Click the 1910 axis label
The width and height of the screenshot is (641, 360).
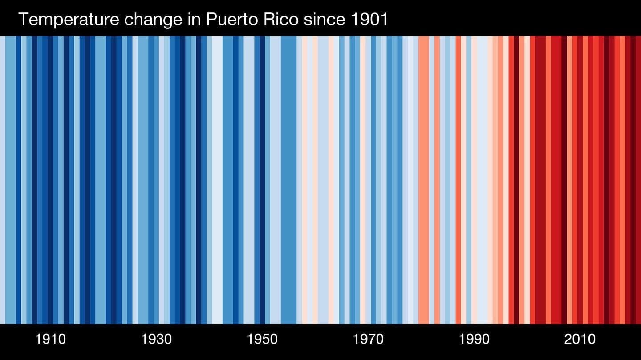click(x=50, y=339)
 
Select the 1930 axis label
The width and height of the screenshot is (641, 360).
click(x=156, y=339)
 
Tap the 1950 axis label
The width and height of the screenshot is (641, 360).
click(x=262, y=339)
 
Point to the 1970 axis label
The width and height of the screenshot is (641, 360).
click(x=368, y=339)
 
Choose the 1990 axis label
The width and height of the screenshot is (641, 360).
click(x=474, y=339)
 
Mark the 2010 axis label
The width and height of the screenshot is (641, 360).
click(x=580, y=339)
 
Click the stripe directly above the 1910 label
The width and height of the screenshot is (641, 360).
click(x=50, y=178)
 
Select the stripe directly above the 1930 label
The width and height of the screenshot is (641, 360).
click(x=156, y=178)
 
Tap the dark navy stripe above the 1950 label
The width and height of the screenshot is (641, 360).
click(x=262, y=178)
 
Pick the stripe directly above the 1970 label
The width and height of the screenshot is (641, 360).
click(x=368, y=178)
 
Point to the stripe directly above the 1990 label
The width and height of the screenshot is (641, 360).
click(x=474, y=178)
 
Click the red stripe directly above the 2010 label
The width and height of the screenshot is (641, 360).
click(x=580, y=178)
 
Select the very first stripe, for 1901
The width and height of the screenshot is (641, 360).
click(x=2, y=178)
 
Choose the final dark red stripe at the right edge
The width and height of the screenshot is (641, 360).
click(x=638, y=178)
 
